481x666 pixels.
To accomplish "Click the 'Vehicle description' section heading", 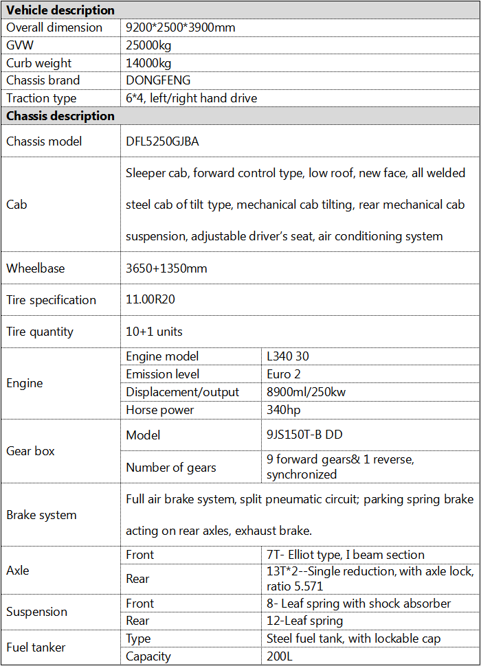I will pyautogui.click(x=60, y=10).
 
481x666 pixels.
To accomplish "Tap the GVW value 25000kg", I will pyautogui.click(x=148, y=45).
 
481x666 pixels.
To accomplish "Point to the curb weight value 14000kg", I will pyautogui.click(x=148, y=63).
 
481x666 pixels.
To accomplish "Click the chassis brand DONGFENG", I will pyautogui.click(x=158, y=80).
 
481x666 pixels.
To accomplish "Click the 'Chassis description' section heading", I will pyautogui.click(x=60, y=116).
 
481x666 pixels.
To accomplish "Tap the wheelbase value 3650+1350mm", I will pyautogui.click(x=166, y=268).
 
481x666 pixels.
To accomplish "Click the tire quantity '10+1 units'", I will pyautogui.click(x=154, y=332).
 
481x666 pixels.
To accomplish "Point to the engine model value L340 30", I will pyautogui.click(x=293, y=356).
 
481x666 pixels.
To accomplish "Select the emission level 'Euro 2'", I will pyautogui.click(x=284, y=374).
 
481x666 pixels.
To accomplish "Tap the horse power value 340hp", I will pyautogui.click(x=286, y=410).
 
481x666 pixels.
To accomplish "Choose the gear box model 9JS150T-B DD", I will pyautogui.click(x=304, y=435).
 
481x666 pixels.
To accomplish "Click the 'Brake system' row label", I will pyautogui.click(x=41, y=515).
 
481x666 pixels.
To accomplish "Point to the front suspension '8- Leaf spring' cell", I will pyautogui.click(x=359, y=604).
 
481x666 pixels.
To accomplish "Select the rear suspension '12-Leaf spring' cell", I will pyautogui.click(x=304, y=621).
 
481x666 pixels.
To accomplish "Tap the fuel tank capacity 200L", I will pyautogui.click(x=280, y=656).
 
